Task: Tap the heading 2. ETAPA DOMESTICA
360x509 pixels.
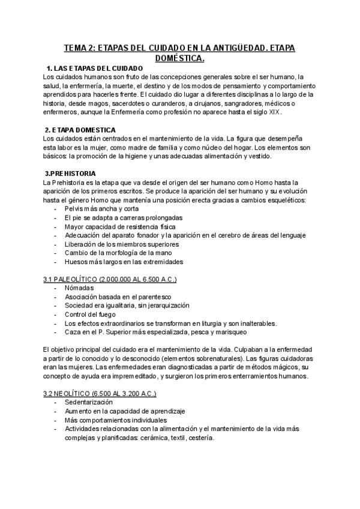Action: [81, 130]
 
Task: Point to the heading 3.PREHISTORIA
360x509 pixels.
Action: [71, 173]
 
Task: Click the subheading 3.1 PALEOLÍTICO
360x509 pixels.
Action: [110, 280]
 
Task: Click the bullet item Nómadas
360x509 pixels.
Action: [79, 288]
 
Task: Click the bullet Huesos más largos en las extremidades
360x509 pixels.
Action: [124, 262]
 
